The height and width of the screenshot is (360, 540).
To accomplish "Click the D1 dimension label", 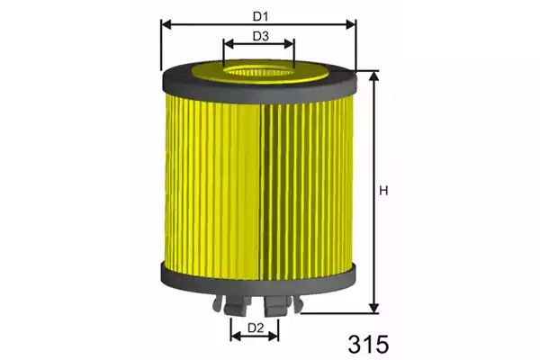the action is (x=260, y=16).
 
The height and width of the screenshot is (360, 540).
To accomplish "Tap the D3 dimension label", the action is (x=260, y=36).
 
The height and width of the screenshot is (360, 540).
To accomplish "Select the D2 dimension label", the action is (x=256, y=328).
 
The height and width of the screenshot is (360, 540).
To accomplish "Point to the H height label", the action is (x=383, y=191).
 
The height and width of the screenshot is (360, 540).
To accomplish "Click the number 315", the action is (x=368, y=345).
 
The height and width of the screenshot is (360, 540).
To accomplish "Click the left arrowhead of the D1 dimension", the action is (x=166, y=24).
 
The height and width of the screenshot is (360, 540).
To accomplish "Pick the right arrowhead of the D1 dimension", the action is (x=351, y=24).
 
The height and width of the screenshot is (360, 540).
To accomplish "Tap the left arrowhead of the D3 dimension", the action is (x=229, y=44).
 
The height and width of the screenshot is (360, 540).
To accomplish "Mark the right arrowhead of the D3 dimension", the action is (x=289, y=44).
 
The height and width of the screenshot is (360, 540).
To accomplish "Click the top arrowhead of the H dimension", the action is (x=373, y=76).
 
